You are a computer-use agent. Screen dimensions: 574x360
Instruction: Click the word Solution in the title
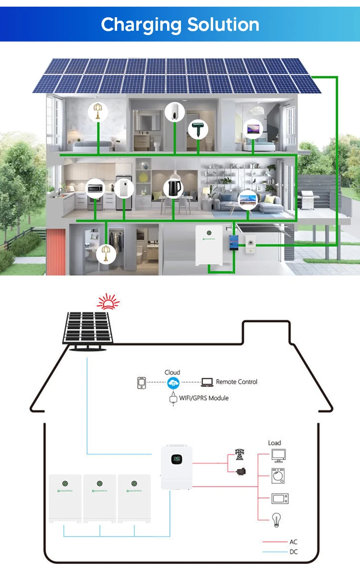(223, 24)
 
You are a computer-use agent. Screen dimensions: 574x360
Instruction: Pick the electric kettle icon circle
(173, 189)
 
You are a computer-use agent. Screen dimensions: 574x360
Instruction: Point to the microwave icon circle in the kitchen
(95, 189)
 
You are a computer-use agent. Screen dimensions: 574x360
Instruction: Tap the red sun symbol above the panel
(108, 302)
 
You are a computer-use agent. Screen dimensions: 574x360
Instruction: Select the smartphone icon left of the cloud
(141, 383)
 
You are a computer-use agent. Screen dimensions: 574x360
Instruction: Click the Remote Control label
(236, 382)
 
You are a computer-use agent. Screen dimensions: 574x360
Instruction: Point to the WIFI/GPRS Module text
(204, 398)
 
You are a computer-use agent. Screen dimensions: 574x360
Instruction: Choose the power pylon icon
(239, 454)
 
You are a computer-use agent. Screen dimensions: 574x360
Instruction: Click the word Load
(275, 442)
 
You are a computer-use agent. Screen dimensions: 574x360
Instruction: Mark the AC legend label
(293, 542)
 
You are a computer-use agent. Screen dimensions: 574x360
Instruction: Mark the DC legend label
(293, 552)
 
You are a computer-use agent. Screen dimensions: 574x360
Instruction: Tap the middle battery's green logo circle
(100, 483)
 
